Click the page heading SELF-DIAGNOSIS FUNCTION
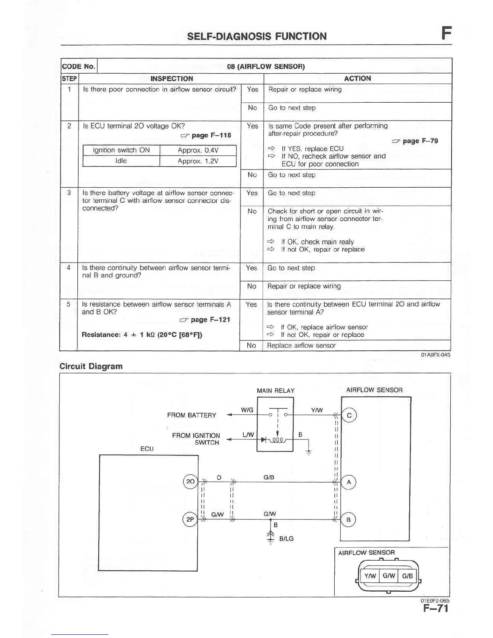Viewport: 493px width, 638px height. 257,37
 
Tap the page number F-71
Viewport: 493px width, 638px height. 435,608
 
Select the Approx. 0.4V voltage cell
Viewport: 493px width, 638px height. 198,150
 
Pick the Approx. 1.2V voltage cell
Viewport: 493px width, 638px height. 198,161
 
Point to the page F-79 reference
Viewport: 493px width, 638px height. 415,141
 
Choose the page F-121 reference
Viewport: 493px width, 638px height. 205,320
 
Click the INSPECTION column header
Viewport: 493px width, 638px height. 172,79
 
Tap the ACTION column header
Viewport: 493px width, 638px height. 357,79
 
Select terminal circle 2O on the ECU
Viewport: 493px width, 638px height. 191,481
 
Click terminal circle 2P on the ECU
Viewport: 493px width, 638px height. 190,520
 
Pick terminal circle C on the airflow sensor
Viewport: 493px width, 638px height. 349,415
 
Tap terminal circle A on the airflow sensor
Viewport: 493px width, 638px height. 349,482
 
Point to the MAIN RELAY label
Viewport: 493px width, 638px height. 275,391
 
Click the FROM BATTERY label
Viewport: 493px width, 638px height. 192,415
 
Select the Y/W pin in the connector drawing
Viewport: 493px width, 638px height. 370,576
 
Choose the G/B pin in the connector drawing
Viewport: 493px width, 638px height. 407,576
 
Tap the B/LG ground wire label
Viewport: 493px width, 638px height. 286,539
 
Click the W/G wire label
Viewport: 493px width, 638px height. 247,410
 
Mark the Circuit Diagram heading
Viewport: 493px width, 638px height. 91,367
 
